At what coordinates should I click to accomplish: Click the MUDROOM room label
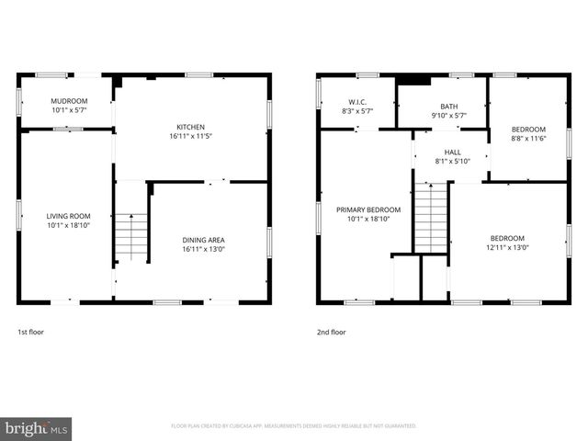[x=69, y=100]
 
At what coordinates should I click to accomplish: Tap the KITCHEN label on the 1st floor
[x=190, y=127]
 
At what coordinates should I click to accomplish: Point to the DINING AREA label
[x=203, y=240]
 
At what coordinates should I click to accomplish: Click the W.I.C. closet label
[x=357, y=102]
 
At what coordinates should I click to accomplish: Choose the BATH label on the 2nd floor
[x=448, y=107]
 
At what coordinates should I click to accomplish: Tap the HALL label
[x=453, y=153]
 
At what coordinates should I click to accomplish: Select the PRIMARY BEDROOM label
[x=363, y=209]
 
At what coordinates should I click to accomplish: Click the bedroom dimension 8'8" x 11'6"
[x=528, y=138]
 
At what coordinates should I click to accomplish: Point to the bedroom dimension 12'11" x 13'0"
[x=507, y=247]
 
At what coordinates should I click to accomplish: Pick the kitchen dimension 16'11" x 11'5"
[x=190, y=136]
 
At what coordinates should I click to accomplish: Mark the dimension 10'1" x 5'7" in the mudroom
[x=69, y=109]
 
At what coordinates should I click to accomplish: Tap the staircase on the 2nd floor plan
[x=430, y=219]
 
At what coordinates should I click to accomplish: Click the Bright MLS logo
[x=37, y=427]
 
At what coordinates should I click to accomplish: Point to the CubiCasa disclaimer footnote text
[x=294, y=425]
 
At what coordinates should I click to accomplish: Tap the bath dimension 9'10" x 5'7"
[x=448, y=116]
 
